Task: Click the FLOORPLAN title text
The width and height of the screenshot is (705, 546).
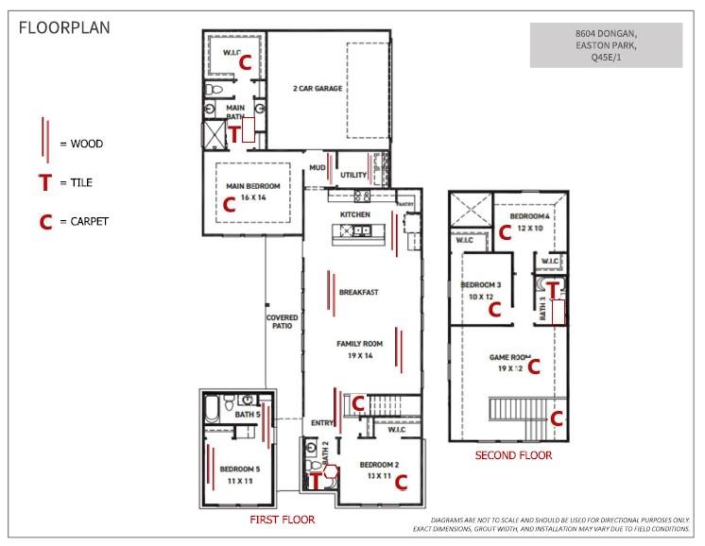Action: (64, 26)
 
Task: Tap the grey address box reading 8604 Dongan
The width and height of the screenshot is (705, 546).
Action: (605, 45)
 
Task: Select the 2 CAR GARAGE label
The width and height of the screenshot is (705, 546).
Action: (317, 89)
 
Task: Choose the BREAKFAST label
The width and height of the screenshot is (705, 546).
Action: (359, 292)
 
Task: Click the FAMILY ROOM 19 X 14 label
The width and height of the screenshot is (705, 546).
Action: (358, 350)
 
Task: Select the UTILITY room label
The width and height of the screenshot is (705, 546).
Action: (353, 175)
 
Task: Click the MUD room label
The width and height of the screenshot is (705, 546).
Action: (318, 168)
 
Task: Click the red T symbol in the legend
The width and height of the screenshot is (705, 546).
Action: (43, 182)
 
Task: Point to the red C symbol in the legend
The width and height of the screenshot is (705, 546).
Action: (43, 222)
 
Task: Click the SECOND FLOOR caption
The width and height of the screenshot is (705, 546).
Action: (513, 455)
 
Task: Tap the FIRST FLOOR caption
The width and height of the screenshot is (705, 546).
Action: (282, 520)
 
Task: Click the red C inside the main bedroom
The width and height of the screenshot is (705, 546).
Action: (227, 202)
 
